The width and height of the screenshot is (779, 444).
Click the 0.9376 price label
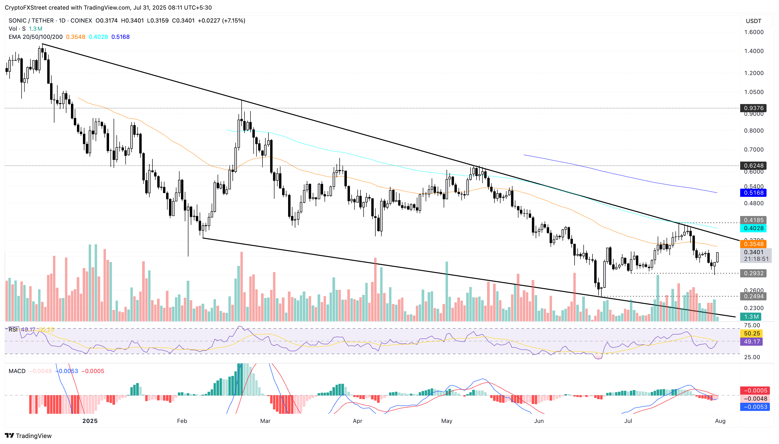(753, 108)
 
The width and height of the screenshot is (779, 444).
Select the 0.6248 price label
(753, 166)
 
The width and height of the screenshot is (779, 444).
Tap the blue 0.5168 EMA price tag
(753, 193)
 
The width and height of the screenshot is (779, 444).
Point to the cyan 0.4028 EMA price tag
(753, 228)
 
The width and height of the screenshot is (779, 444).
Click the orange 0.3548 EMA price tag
(753, 244)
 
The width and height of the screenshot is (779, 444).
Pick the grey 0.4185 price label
(753, 220)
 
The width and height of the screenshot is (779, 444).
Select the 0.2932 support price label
(753, 273)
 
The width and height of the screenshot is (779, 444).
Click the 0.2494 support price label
(753, 296)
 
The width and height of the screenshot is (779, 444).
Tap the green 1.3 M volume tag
(751, 316)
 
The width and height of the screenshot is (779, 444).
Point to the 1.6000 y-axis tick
(753, 32)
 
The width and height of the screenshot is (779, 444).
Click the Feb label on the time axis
(182, 421)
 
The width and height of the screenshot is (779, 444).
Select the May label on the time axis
(447, 421)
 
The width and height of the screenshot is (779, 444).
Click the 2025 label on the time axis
(90, 421)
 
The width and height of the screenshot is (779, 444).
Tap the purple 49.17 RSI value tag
(752, 342)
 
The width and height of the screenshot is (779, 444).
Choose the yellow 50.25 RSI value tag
(752, 333)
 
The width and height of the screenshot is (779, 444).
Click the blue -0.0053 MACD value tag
(755, 407)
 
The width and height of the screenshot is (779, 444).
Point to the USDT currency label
(753, 21)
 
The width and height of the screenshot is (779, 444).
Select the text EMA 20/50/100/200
(35, 37)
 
